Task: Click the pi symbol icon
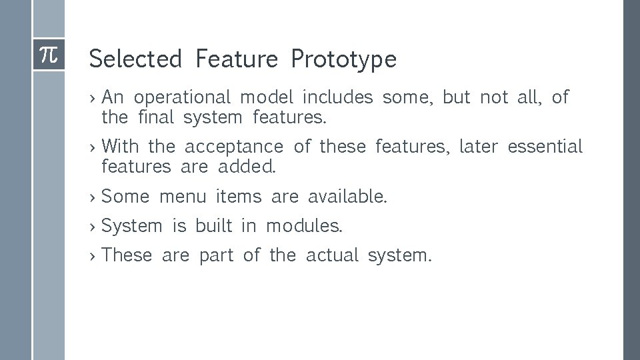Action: (49, 55)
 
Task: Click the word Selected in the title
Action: (135, 59)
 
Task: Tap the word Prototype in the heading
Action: (343, 60)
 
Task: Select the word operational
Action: (182, 98)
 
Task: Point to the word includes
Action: (337, 98)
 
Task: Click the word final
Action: (156, 119)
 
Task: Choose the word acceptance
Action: (233, 146)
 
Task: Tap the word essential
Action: (545, 146)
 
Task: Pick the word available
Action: (347, 197)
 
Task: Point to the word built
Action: (213, 226)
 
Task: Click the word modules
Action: (304, 226)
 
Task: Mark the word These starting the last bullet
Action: (127, 255)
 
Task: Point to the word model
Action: (267, 98)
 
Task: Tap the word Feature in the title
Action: (236, 59)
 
